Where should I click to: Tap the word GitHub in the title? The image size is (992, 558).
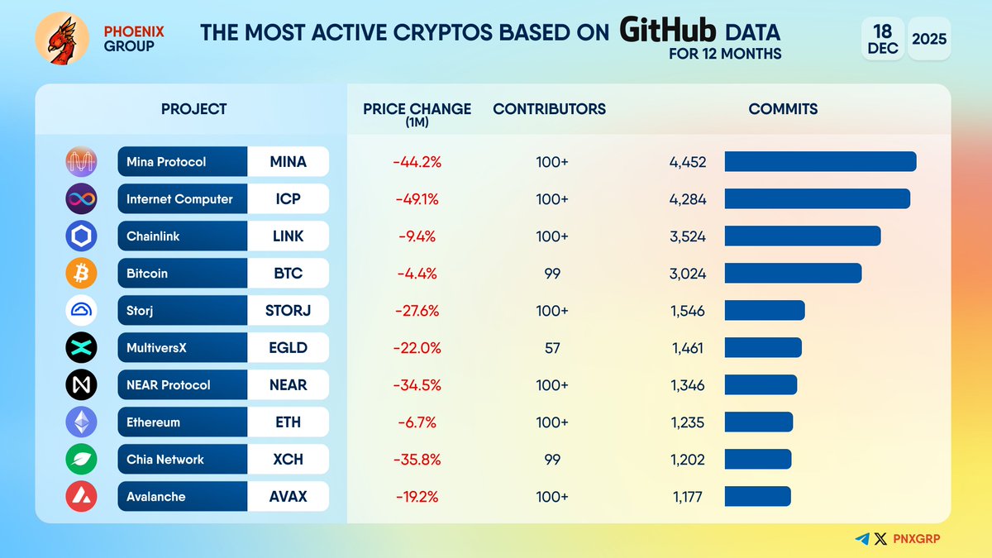tap(668, 31)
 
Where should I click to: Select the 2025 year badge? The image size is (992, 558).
tap(929, 39)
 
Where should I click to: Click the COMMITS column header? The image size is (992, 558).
tap(783, 109)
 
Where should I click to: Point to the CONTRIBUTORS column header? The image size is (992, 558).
tap(549, 109)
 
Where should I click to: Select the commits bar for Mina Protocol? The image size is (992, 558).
tap(820, 162)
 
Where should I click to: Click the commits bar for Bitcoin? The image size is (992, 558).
tap(793, 274)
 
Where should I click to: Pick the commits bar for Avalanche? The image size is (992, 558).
tap(757, 497)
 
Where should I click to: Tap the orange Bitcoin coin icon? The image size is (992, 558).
tap(81, 274)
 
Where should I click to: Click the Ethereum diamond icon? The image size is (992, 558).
tap(81, 422)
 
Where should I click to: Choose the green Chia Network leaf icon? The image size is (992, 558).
tap(81, 460)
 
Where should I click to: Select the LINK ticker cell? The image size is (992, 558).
tap(288, 236)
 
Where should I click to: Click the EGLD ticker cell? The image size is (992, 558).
tap(288, 348)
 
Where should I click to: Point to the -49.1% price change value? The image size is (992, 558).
tap(417, 199)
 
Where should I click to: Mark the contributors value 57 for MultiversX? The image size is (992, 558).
tap(552, 348)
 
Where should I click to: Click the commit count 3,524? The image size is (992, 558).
tap(688, 236)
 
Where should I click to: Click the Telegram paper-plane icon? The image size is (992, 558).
tap(862, 539)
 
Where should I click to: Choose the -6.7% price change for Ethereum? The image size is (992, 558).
tap(417, 422)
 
